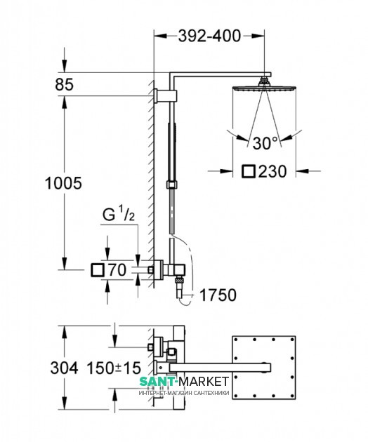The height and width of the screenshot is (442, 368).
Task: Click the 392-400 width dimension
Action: (x=209, y=36)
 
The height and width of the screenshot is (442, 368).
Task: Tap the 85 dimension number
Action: (x=65, y=84)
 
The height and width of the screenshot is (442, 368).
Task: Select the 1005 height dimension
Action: (x=63, y=183)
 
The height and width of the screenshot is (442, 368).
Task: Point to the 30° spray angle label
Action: (x=265, y=143)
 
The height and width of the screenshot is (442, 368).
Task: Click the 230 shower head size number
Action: (x=272, y=171)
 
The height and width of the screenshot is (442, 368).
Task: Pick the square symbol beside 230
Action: (x=249, y=171)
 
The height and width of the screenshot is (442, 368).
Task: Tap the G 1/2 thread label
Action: (x=119, y=214)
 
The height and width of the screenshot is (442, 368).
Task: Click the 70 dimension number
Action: (x=117, y=270)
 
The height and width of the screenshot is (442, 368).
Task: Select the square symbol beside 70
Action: (x=98, y=270)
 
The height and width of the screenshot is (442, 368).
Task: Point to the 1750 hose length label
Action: (x=218, y=295)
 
